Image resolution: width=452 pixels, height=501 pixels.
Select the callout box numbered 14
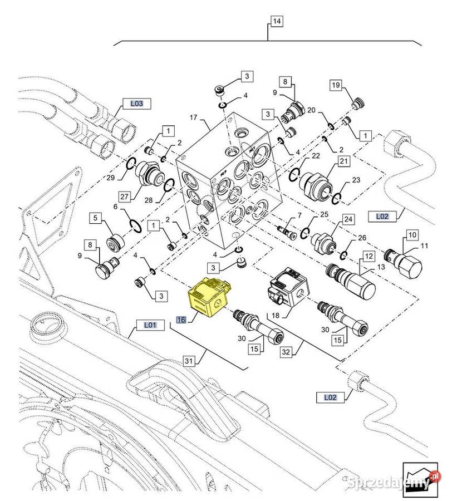click(x=277, y=22)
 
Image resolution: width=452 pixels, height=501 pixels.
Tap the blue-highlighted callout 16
click(x=181, y=319)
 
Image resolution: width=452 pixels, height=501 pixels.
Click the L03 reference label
click(x=136, y=103)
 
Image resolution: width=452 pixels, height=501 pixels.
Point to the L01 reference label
click(x=150, y=325)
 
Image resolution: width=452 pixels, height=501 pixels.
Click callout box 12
click(x=368, y=257)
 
